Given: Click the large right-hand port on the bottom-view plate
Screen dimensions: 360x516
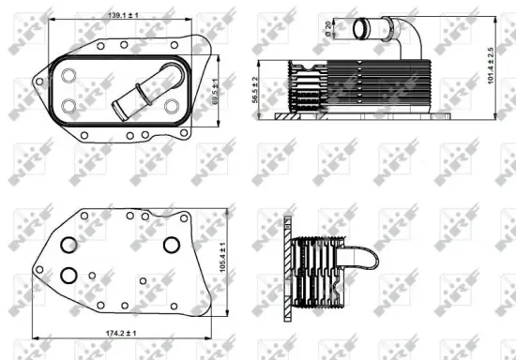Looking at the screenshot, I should coord(170,244).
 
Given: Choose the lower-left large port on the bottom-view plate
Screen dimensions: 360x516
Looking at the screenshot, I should coord(68,277).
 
